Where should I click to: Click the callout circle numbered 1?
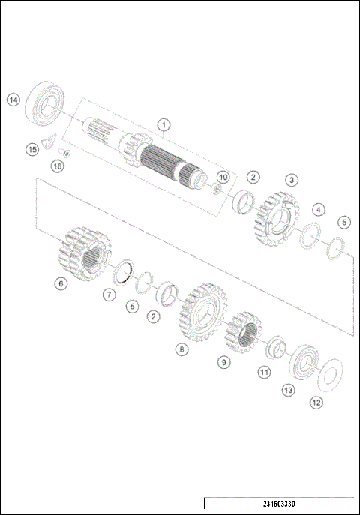pyautogui.click(x=163, y=124)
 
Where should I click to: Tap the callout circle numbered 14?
pyautogui.click(x=13, y=100)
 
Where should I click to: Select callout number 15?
pyautogui.click(x=31, y=150)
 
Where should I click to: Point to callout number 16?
pyautogui.click(x=57, y=166)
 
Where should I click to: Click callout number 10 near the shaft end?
pyautogui.click(x=222, y=177)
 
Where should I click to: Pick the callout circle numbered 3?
pyautogui.click(x=292, y=180)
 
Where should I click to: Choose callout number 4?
pyautogui.click(x=319, y=209)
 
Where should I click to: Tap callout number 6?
pyautogui.click(x=60, y=283)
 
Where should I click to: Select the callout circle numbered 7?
pyautogui.click(x=109, y=295)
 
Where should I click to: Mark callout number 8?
pyautogui.click(x=181, y=349)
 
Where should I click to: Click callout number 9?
pyautogui.click(x=224, y=362)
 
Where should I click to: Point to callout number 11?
pyautogui.click(x=263, y=371)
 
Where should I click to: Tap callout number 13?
pyautogui.click(x=288, y=390)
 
